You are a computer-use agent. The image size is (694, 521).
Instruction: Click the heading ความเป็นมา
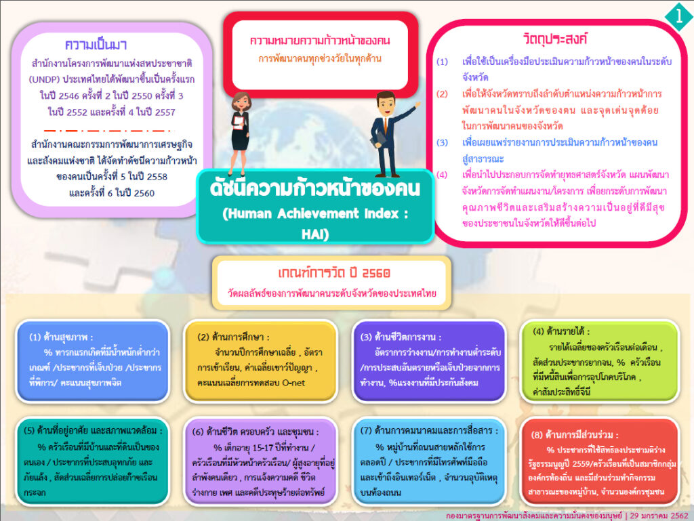[x=96, y=45]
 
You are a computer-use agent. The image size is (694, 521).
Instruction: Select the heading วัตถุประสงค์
[x=555, y=39]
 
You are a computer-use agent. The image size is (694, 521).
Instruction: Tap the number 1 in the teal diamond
[x=679, y=16]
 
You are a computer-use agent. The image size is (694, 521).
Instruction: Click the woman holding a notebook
[x=241, y=133]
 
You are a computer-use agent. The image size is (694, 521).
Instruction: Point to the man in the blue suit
[x=390, y=133]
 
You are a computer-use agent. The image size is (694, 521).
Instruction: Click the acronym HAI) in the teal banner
[x=315, y=234]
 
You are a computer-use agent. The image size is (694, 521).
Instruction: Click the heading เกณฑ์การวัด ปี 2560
[x=333, y=273]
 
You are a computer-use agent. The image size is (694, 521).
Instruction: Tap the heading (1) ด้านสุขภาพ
[x=60, y=337]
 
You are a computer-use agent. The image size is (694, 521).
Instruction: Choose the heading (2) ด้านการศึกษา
[x=233, y=337]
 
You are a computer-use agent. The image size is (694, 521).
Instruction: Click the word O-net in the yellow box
[x=293, y=383]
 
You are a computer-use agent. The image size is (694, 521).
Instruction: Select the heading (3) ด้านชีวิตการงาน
[x=401, y=337]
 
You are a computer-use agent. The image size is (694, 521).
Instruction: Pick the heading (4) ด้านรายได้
[x=561, y=331]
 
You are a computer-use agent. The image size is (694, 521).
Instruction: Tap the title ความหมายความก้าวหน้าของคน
[x=320, y=41]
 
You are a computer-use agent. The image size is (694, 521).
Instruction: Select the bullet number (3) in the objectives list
[x=442, y=142]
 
